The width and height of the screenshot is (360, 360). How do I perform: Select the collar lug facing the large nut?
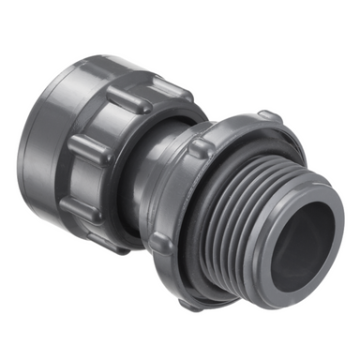(x=201, y=148)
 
